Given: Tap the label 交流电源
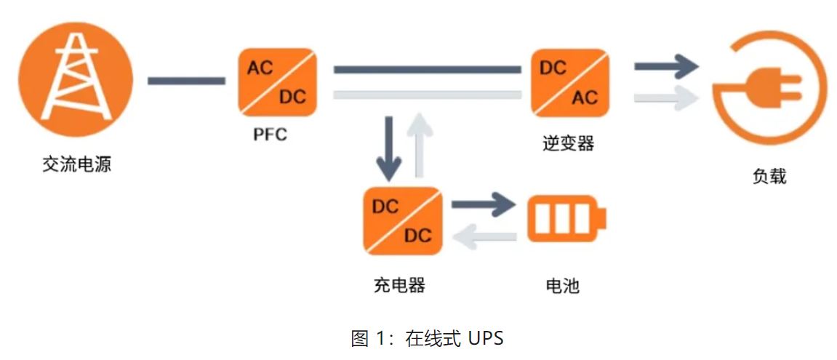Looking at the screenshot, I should tap(76, 164).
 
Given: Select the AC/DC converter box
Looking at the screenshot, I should tap(278, 81).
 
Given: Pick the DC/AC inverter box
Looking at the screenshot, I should tap(569, 81).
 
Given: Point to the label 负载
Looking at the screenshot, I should tap(769, 176).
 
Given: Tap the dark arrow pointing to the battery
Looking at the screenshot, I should tap(484, 204).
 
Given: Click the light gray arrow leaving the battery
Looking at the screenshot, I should tap(484, 235).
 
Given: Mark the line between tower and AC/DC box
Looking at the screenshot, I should tap(186, 81).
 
